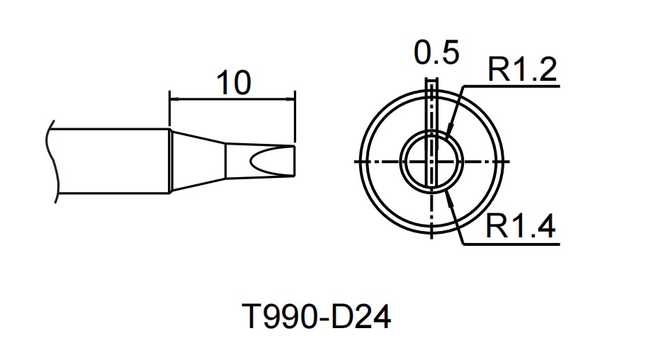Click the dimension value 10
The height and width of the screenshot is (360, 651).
point(233,83)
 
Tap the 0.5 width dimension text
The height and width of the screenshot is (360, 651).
point(437,54)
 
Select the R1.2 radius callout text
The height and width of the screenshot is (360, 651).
point(522,70)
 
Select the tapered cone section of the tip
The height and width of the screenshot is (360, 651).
point(198,161)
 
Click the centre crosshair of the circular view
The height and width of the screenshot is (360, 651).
point(432,161)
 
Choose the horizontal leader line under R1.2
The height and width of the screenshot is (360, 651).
point(510,87)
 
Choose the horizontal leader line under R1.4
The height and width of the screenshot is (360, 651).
point(510,244)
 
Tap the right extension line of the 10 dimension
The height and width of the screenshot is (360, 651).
point(295,117)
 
